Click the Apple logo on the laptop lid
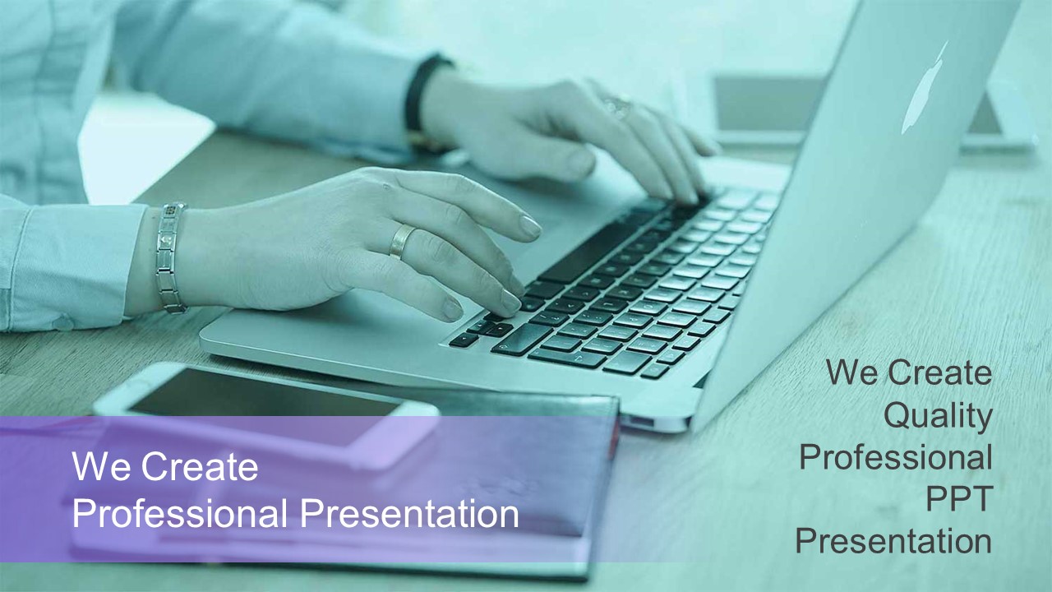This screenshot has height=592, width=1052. (923, 90)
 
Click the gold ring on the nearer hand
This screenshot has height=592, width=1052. (402, 241)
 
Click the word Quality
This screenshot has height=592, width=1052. (938, 416)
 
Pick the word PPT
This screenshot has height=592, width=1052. (958, 498)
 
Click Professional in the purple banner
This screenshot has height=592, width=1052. (180, 514)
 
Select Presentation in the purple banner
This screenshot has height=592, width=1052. (409, 514)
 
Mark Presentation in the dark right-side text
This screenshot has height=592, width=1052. (893, 541)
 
